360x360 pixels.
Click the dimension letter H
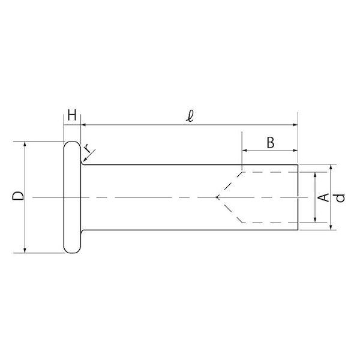coord(72,115)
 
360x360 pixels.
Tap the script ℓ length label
coord(190,116)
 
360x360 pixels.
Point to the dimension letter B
coord(271,143)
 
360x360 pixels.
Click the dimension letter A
coord(323,197)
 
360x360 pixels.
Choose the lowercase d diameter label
coord(340,198)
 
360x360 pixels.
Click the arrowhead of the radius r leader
coord(85,160)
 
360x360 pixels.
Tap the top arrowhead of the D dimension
coord(25,144)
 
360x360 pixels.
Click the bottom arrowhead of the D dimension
coord(25,250)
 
